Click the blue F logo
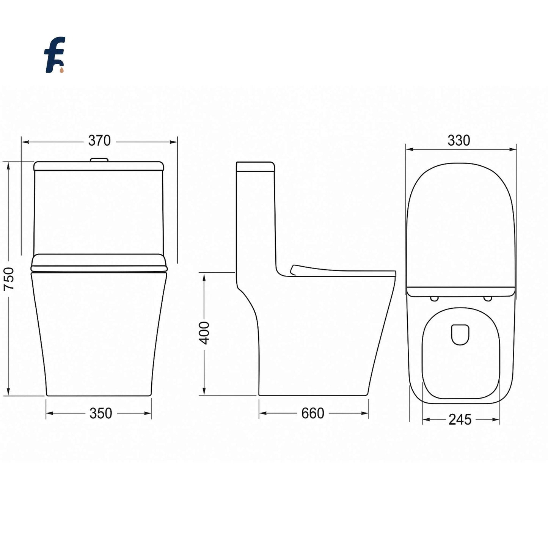tap(55, 54)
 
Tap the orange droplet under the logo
tap(62, 70)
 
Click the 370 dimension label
tap(99, 140)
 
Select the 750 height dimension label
tap(9, 279)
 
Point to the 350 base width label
tap(101, 413)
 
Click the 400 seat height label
tap(204, 333)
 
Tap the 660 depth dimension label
tap(313, 413)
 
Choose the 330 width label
tap(459, 140)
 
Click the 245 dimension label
tap(460, 419)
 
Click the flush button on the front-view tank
tap(99, 160)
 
